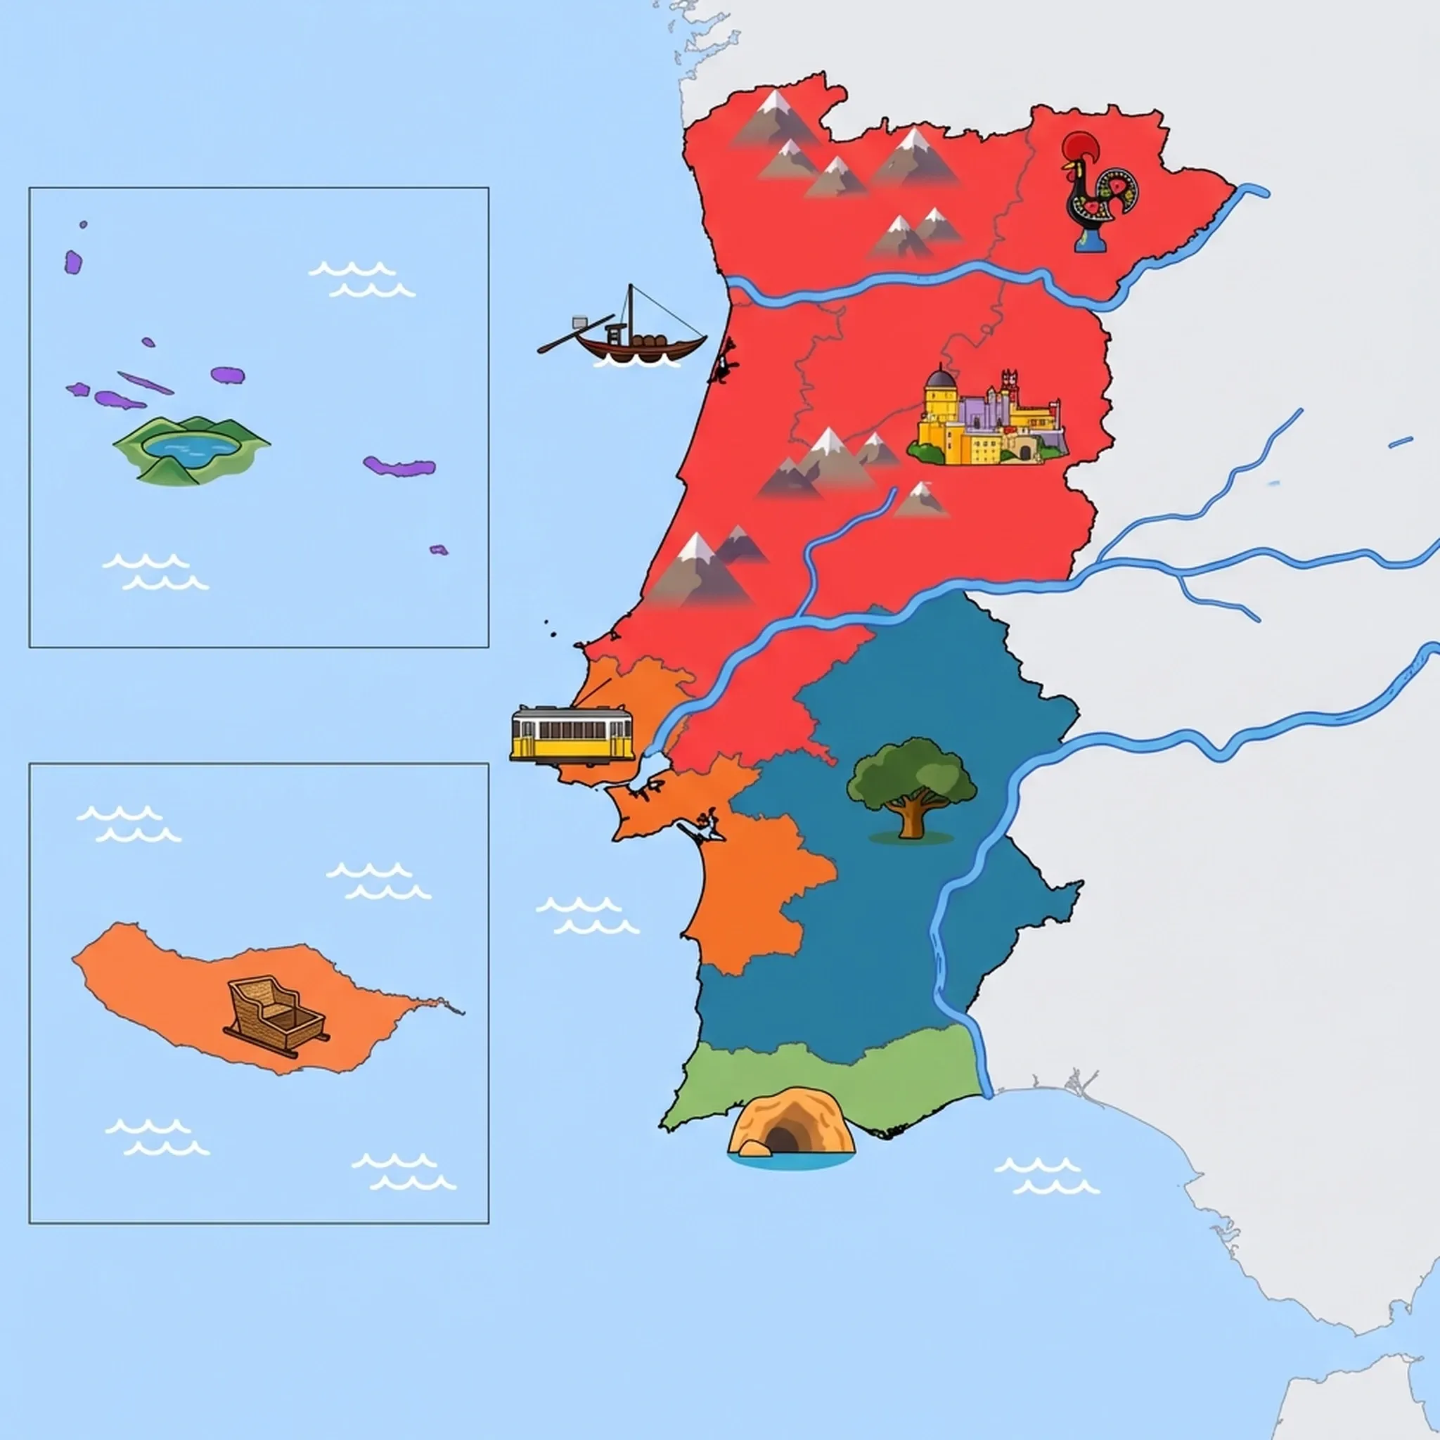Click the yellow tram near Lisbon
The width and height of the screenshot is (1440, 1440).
point(572,734)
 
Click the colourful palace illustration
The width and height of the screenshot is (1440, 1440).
point(988,421)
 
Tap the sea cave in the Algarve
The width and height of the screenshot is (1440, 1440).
point(790,1126)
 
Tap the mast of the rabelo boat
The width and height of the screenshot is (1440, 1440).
point(631,313)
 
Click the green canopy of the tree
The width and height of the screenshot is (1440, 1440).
point(911,771)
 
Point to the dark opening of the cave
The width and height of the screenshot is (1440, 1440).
point(780,1140)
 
